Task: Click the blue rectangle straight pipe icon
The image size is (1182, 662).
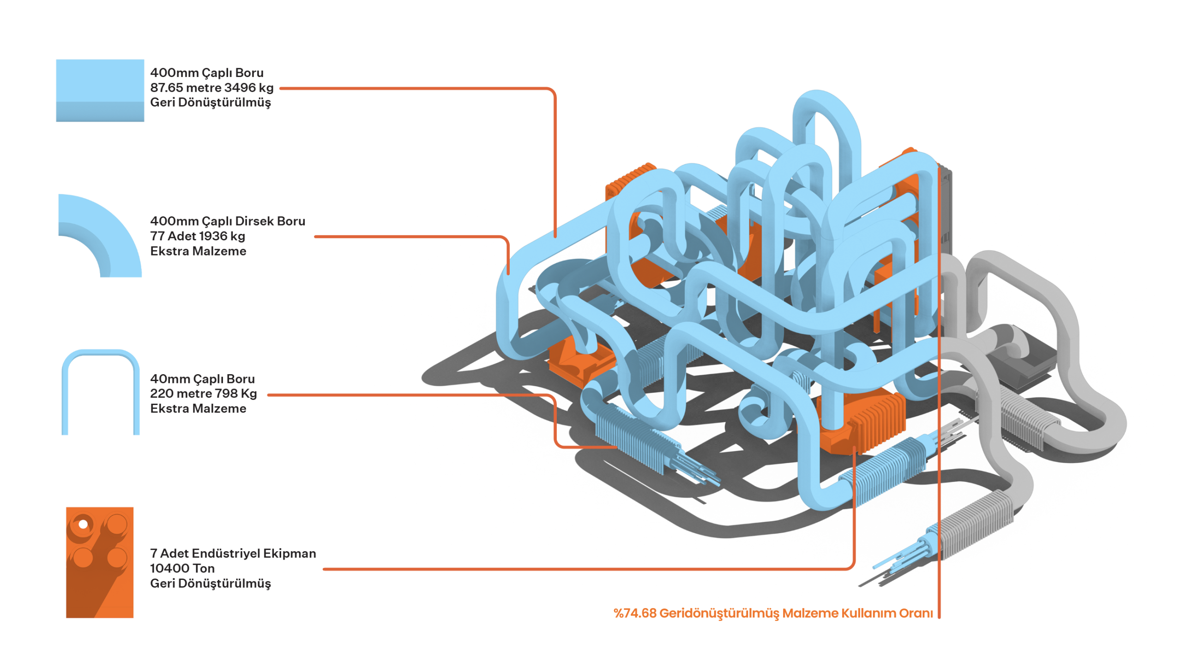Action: tap(100, 90)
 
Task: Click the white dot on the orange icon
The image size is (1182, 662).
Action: tap(83, 524)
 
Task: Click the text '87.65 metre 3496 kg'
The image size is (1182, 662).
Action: tap(211, 88)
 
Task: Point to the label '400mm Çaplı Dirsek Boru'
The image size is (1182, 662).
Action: tap(227, 221)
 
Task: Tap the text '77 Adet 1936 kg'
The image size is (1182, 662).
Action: tap(197, 236)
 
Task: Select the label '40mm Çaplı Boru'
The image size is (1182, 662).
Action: tap(202, 378)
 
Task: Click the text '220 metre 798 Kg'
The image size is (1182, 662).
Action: tap(203, 393)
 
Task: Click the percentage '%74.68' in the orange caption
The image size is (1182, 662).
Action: tap(634, 613)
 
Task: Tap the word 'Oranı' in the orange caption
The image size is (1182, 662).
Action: tap(917, 613)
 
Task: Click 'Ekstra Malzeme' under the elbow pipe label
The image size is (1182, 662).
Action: tap(198, 251)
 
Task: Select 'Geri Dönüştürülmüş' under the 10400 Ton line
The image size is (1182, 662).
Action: tap(210, 583)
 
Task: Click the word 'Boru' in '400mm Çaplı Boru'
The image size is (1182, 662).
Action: tap(249, 73)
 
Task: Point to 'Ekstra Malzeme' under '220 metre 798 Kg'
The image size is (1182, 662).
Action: tap(198, 408)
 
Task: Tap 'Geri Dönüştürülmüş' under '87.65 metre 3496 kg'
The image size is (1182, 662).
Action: tap(210, 102)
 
